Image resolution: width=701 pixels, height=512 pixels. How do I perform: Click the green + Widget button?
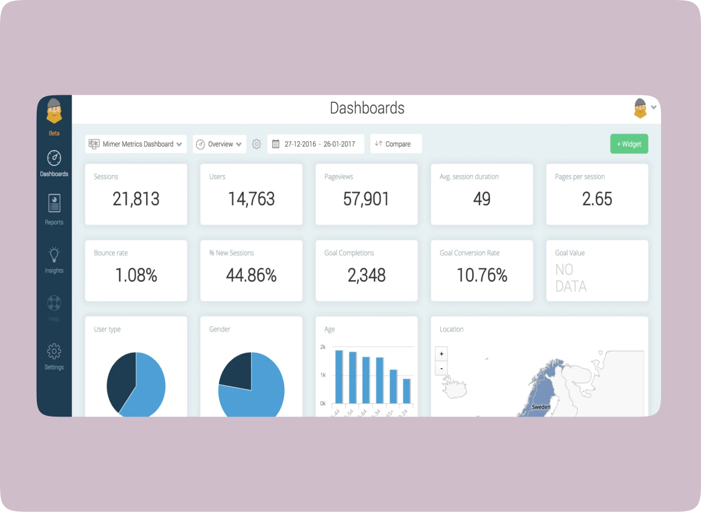click(x=629, y=144)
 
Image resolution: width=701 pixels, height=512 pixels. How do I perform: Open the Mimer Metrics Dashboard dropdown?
click(x=136, y=144)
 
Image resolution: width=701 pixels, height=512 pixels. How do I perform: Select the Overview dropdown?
click(x=220, y=144)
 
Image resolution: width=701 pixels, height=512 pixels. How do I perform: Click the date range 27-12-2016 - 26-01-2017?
click(x=316, y=144)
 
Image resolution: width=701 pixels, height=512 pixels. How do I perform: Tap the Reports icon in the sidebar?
click(x=54, y=203)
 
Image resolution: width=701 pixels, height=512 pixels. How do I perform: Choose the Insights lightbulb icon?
click(x=54, y=254)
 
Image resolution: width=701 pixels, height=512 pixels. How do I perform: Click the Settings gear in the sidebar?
click(x=54, y=351)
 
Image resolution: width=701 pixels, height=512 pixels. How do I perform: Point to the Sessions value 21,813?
click(x=136, y=199)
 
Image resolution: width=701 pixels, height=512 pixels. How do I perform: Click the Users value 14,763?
click(x=251, y=199)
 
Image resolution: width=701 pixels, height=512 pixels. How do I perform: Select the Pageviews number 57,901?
click(x=366, y=199)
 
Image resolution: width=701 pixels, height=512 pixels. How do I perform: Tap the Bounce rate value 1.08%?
click(x=136, y=275)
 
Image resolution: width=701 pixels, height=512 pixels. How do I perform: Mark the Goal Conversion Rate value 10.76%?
click(x=481, y=275)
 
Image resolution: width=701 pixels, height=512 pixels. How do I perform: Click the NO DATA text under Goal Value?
click(x=570, y=278)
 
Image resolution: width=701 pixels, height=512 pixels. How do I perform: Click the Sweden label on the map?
click(x=541, y=407)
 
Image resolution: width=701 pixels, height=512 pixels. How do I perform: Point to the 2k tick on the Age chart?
click(x=323, y=347)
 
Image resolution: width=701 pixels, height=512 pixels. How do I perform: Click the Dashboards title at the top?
click(x=367, y=108)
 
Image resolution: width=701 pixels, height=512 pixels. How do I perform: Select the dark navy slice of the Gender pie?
click(x=236, y=370)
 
